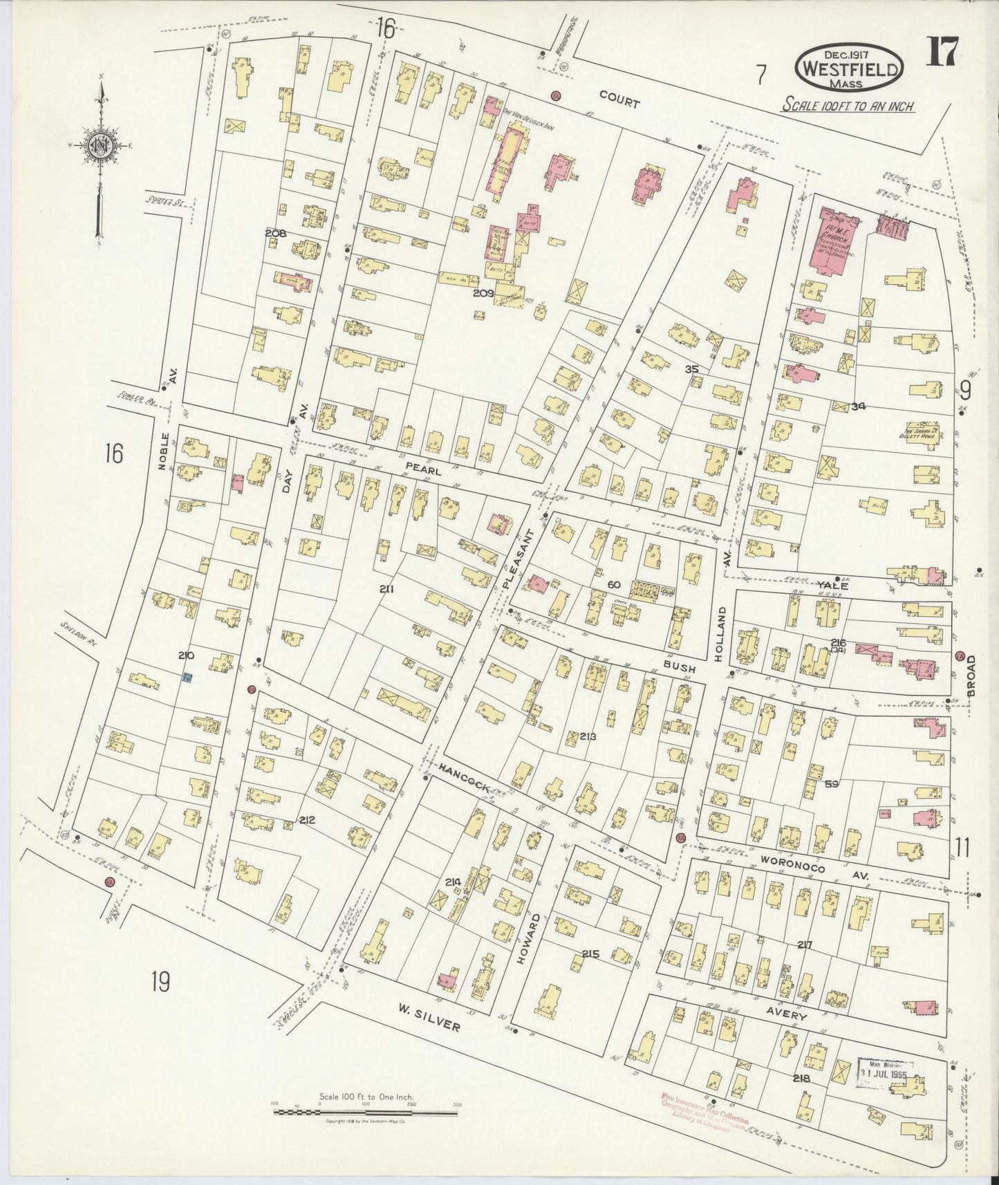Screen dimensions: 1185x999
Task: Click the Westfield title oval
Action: (850, 68)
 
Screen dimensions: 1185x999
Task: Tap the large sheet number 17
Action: (942, 52)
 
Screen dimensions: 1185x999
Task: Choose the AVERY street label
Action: (783, 1014)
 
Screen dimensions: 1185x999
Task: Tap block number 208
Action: (275, 233)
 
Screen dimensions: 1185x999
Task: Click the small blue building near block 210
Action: (186, 678)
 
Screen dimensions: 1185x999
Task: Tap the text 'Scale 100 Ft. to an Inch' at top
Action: (848, 106)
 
